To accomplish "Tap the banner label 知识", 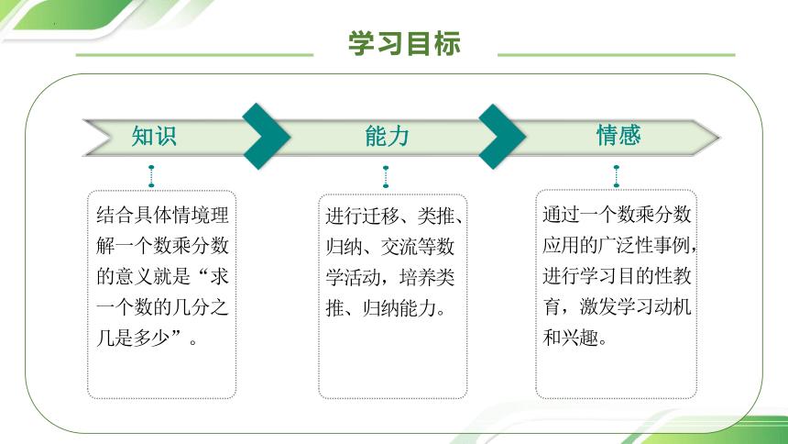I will (154, 136).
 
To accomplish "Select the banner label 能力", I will (387, 137).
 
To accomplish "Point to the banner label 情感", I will (618, 135).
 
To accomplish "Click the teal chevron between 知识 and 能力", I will (267, 137).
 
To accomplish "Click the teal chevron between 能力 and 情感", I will (502, 137).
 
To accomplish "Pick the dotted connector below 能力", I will (386, 176).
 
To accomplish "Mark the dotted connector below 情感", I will (617, 176).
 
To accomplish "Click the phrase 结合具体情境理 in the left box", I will (162, 216).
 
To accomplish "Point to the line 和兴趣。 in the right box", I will (575, 338).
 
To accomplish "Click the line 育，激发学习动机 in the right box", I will (617, 306).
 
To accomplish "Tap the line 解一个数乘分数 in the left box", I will (162, 247).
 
